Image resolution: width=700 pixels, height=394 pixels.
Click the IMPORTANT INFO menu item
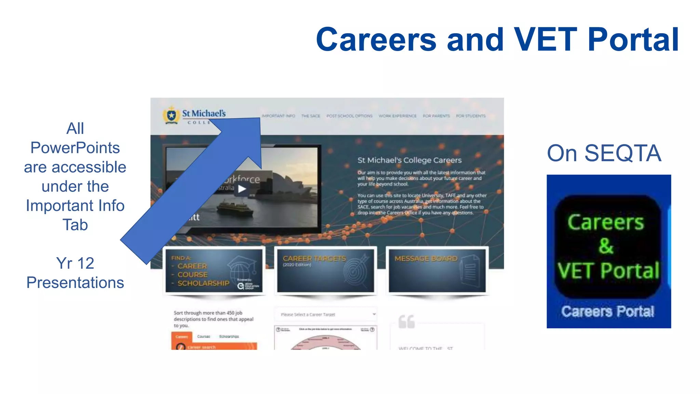coord(278,116)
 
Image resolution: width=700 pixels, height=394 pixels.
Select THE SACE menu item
coord(310,116)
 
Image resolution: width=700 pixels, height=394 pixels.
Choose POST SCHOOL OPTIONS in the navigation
coord(349,116)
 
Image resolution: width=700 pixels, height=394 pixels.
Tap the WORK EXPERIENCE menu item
coord(398,116)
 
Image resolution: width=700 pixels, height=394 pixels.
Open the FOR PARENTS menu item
coord(436,116)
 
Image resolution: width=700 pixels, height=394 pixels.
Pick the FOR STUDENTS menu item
coord(471,116)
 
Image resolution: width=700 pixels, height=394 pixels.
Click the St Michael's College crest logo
coord(171,115)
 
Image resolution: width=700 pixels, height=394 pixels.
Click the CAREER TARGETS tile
coord(325,271)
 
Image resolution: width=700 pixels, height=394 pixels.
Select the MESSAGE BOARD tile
coord(437,271)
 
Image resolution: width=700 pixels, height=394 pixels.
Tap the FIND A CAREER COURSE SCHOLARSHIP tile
coord(214,271)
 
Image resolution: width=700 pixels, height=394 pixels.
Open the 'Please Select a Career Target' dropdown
coord(325,314)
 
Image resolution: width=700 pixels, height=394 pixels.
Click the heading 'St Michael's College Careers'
coord(409,160)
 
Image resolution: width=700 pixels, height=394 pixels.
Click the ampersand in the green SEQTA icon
coord(606,246)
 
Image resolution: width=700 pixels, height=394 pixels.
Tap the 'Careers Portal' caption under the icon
coord(607,312)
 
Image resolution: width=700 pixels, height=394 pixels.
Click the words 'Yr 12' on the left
coord(75,263)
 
